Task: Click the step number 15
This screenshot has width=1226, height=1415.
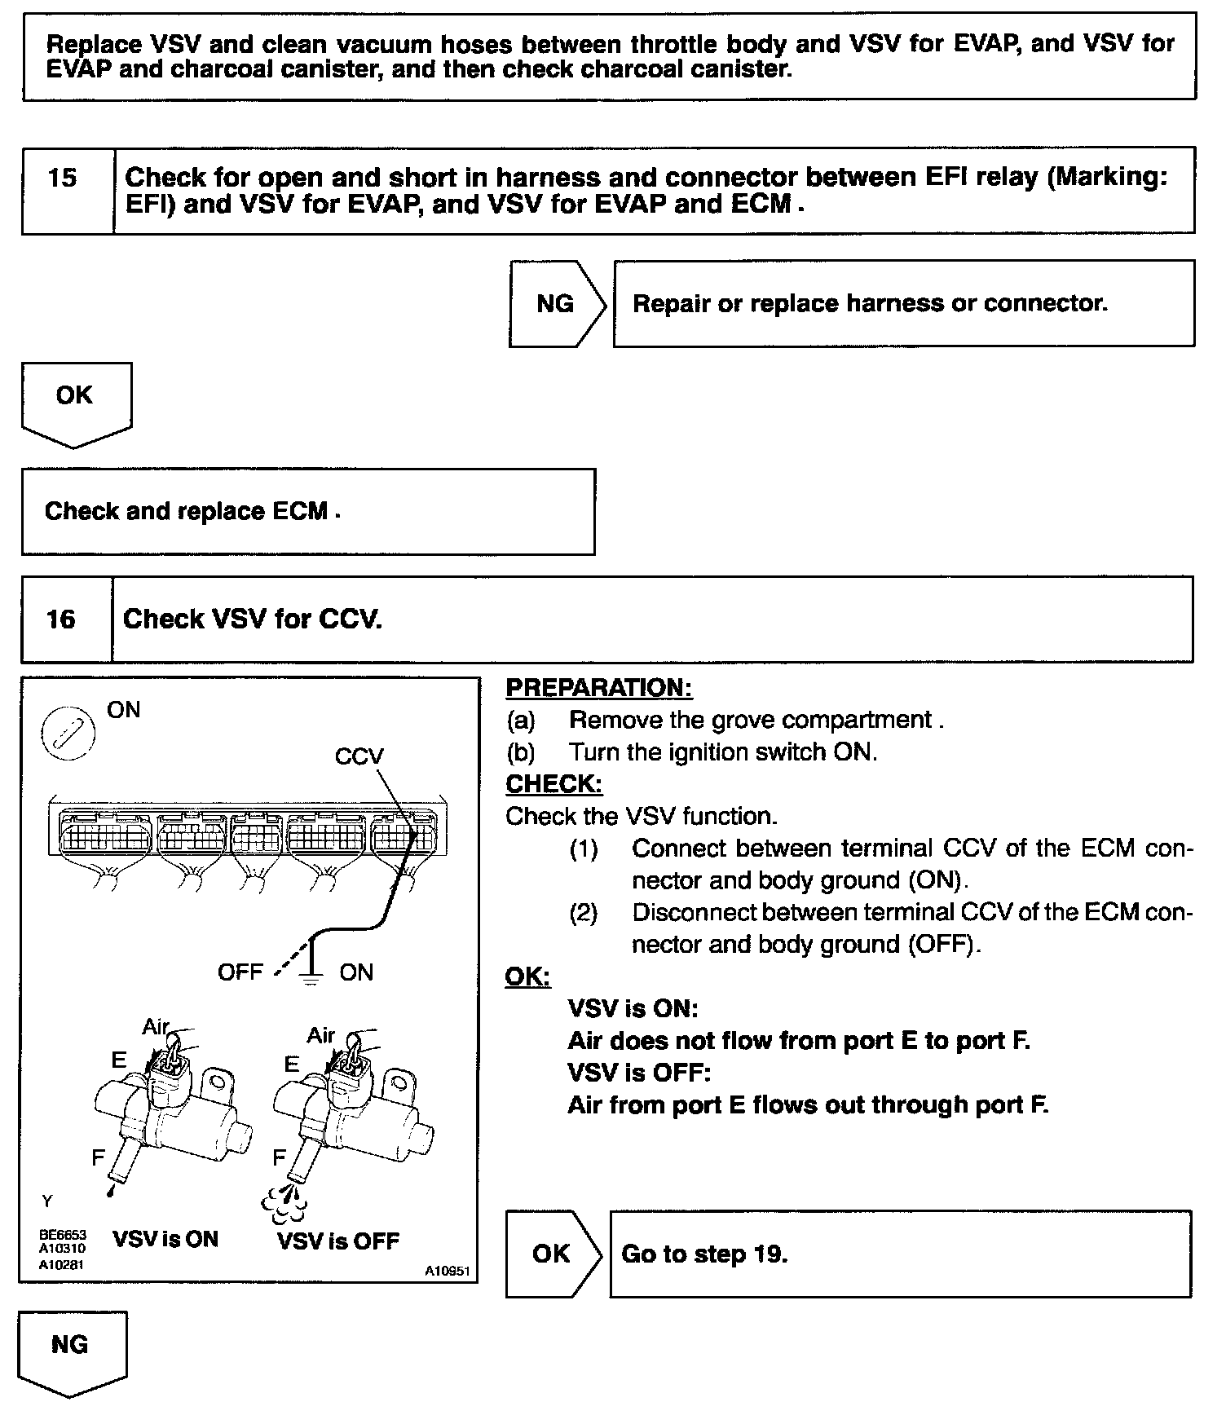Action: click(62, 178)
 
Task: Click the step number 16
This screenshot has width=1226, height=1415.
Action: click(61, 619)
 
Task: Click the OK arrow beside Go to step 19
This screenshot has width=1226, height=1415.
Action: click(552, 1254)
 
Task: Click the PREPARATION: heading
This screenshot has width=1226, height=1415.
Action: click(599, 688)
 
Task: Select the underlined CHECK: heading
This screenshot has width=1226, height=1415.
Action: click(554, 784)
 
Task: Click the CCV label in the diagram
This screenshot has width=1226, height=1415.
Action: click(359, 756)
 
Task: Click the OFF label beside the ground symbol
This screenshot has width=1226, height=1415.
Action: click(240, 972)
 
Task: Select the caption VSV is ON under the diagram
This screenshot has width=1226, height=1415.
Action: click(165, 1240)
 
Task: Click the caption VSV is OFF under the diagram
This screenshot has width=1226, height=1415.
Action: click(338, 1241)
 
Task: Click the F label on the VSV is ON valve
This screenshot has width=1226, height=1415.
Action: click(98, 1157)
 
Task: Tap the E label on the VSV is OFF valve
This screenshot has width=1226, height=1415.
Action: click(291, 1065)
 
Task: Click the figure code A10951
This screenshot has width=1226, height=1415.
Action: click(447, 1271)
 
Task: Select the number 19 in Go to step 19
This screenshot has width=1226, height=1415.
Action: click(768, 1254)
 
